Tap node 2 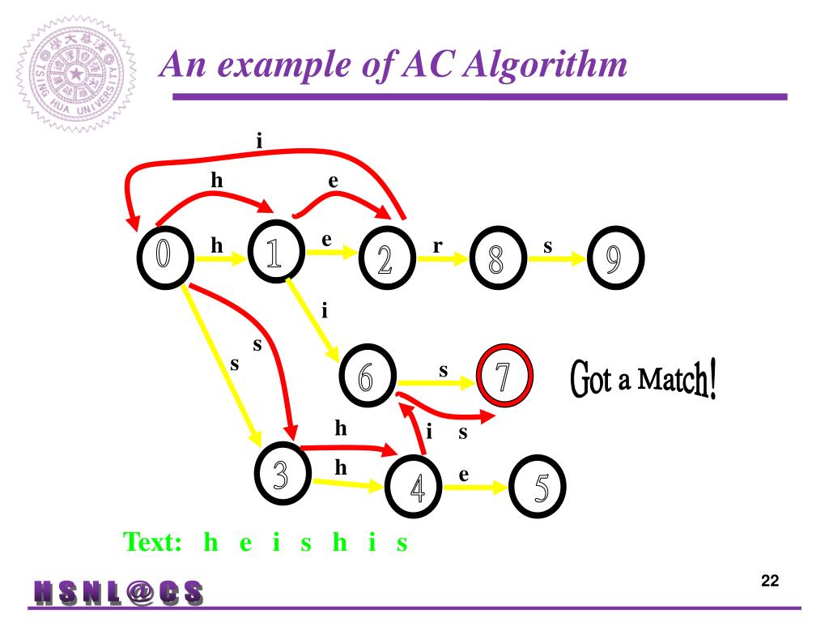pos(385,260)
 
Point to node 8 pos(496,259)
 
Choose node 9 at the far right pos(614,259)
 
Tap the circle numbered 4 pos(415,488)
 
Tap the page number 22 pos(769,581)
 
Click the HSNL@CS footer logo pos(118,593)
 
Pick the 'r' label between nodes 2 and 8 pos(437,246)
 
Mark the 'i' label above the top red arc pos(259,140)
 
